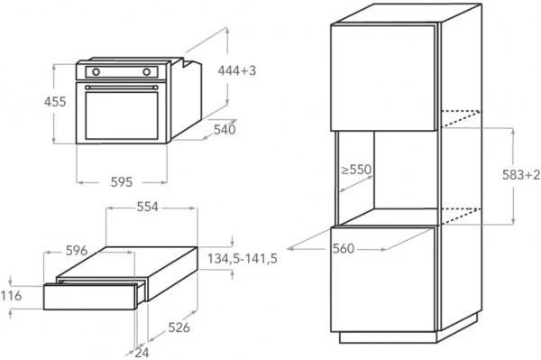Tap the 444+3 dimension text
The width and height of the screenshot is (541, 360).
click(238, 71)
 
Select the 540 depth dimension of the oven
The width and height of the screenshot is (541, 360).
click(225, 131)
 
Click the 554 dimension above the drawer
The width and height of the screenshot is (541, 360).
click(147, 208)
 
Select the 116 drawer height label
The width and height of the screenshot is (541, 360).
click(12, 296)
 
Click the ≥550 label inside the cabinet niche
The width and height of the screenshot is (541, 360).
click(357, 170)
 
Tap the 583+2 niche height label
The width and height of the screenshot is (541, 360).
click(521, 175)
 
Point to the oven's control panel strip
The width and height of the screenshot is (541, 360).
click(122, 70)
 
